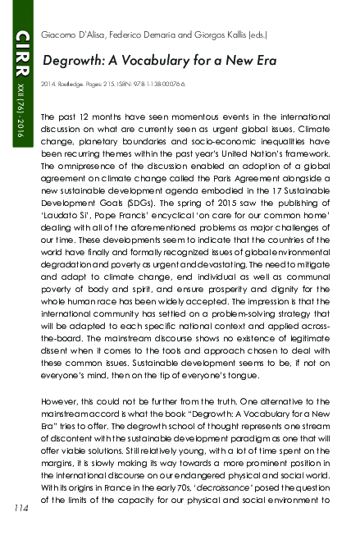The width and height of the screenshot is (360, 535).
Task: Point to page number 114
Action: (x=19, y=508)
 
